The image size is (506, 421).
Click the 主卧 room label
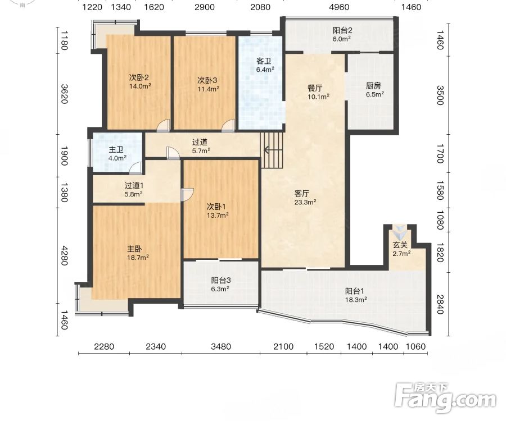[x=134, y=249]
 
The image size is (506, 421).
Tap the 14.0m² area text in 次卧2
[x=140, y=86]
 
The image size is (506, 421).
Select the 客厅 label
[x=302, y=193]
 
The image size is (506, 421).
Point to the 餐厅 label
[x=315, y=88]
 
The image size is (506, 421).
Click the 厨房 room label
[x=373, y=86]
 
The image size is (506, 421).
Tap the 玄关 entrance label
[x=400, y=245]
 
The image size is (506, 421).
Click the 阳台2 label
[x=342, y=31]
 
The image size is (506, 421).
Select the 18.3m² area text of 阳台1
[x=356, y=300]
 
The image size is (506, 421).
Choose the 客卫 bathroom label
[x=264, y=61]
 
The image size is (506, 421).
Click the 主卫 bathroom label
[x=116, y=149]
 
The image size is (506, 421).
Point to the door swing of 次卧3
[x=228, y=126]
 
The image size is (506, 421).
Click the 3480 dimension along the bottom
[x=221, y=346]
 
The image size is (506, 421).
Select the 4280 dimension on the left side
[x=64, y=255]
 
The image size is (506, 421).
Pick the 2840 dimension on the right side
[x=440, y=304]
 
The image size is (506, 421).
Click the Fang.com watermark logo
[x=445, y=398]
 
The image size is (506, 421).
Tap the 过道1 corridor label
[x=134, y=186]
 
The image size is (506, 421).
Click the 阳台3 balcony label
[x=221, y=280]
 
